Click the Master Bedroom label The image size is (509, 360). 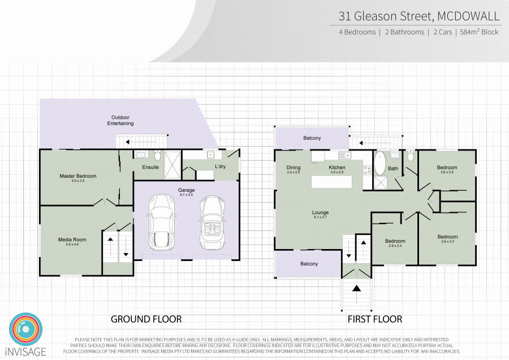[78, 176]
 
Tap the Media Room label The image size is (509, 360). [72, 239]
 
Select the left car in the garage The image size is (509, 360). [162, 223]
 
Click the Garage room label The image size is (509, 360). [187, 190]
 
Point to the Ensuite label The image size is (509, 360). [150, 168]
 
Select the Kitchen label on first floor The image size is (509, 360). [337, 168]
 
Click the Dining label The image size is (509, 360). [294, 168]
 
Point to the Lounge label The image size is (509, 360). [320, 213]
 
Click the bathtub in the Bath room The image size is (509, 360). [380, 164]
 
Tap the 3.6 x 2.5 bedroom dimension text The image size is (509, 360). [447, 173]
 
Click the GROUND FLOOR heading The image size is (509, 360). [146, 319]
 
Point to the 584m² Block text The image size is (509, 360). [478, 32]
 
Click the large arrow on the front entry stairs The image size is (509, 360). [357, 288]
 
